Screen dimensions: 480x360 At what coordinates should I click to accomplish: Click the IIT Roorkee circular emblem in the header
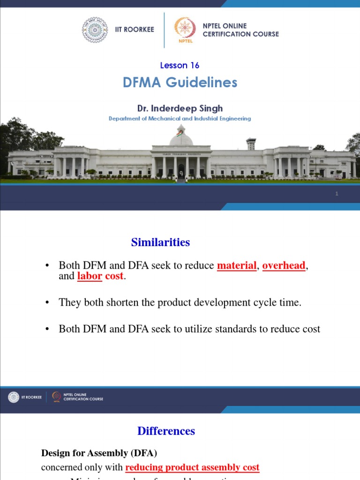95,30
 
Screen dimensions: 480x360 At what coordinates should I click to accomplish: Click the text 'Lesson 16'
180,65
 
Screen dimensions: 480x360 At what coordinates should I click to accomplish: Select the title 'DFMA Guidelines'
180,82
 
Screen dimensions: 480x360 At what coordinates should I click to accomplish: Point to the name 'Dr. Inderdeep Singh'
180,108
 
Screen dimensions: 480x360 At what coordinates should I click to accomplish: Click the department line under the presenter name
180,119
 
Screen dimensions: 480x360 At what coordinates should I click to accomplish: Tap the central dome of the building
181,137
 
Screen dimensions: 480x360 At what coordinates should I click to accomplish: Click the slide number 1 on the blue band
337,194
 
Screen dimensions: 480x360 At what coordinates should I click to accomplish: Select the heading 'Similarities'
160,242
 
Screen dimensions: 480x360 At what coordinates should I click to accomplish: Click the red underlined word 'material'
237,266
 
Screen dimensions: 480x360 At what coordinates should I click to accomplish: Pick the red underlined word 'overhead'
284,266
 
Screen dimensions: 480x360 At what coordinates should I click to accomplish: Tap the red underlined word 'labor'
90,276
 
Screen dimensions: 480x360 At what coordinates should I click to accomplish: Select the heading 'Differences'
166,431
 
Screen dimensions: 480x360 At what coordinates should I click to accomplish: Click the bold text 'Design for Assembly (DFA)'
99,453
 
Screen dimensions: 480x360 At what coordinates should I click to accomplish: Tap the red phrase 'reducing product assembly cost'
192,467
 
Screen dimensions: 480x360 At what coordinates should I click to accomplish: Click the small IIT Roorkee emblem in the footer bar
14,397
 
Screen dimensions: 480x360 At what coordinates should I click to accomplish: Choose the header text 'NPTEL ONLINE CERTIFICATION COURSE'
240,30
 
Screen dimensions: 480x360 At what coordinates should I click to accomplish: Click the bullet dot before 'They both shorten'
47,303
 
